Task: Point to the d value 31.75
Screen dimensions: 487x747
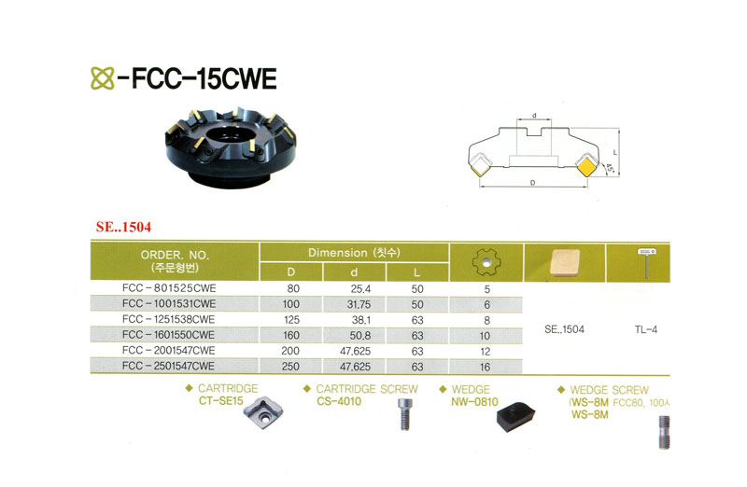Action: [358, 304]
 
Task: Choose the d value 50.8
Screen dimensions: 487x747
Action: [358, 334]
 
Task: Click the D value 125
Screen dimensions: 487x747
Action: [290, 319]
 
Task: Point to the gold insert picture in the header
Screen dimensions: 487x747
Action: [565, 261]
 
